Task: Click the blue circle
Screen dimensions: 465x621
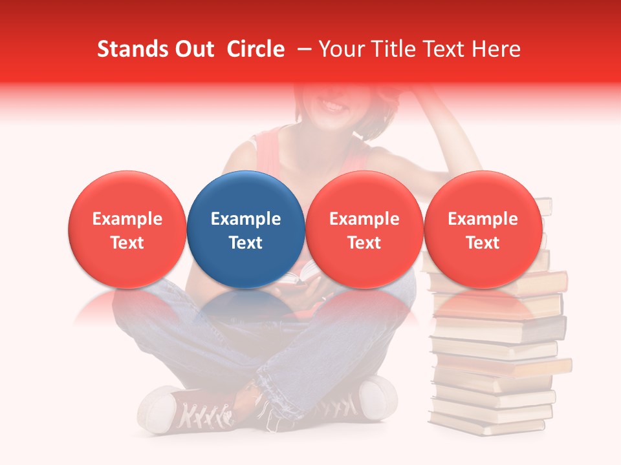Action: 246,229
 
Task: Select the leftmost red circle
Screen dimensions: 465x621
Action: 127,229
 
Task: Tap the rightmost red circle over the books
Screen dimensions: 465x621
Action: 483,229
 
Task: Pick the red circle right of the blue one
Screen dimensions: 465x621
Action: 364,229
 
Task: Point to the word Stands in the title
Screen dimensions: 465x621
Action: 127,49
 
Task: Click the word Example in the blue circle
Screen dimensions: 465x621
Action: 246,219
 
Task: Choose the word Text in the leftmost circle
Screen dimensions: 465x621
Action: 127,243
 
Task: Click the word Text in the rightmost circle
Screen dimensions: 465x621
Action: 483,243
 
